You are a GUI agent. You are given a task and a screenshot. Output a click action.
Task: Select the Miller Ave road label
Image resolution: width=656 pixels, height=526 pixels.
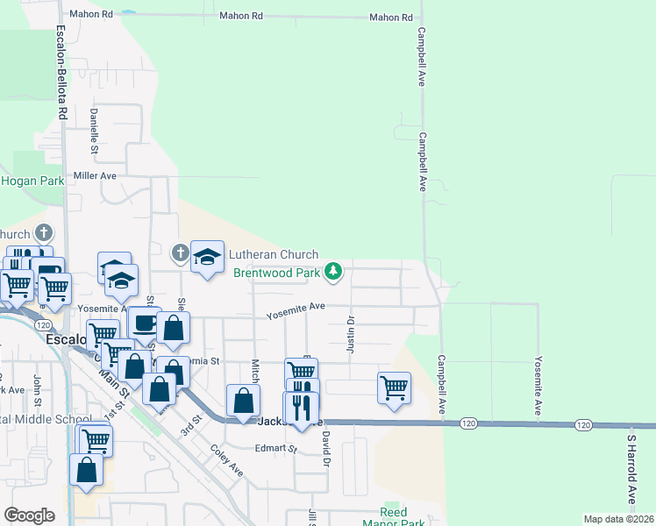[x=96, y=175]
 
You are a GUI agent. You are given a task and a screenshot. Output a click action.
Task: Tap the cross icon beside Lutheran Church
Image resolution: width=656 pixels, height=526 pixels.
[x=180, y=254]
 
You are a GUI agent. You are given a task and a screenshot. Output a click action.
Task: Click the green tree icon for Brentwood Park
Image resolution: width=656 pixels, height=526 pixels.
[x=332, y=273]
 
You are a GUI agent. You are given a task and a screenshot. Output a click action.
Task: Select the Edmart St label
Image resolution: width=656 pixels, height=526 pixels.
[x=276, y=448]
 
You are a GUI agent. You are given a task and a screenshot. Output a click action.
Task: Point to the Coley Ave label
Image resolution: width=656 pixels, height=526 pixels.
[x=226, y=461]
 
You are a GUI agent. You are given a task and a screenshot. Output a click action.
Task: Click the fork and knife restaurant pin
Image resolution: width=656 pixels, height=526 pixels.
[x=301, y=407]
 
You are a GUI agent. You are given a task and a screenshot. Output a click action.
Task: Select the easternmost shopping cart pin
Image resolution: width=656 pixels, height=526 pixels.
[x=394, y=386]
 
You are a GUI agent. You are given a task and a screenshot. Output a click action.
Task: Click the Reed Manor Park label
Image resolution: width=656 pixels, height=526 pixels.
[x=402, y=517]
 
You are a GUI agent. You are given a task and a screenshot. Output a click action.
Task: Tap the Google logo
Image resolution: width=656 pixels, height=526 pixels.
[x=29, y=515]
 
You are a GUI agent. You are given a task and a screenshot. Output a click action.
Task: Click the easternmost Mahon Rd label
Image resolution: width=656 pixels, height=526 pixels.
[x=390, y=18]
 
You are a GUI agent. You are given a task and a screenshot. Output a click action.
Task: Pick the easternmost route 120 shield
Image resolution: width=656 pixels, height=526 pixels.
[x=583, y=424]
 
